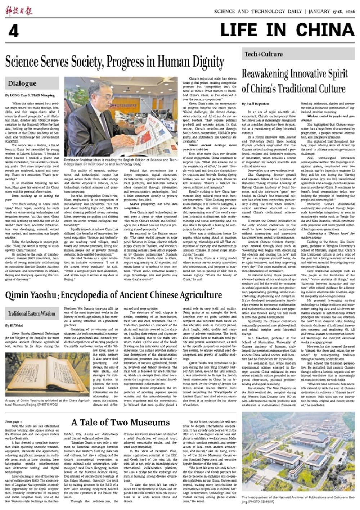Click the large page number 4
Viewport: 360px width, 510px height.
pos(13,31)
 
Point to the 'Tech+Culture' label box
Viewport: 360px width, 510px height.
pos(259,54)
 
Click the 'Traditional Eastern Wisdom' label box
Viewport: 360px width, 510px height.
pos(32,313)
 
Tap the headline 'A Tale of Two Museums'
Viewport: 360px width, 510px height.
pos(120,422)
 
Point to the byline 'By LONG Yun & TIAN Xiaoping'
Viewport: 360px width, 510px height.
pos(30,95)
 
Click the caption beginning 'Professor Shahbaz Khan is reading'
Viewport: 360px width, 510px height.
pos(121,162)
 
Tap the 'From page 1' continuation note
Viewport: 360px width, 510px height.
pos(14,421)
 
